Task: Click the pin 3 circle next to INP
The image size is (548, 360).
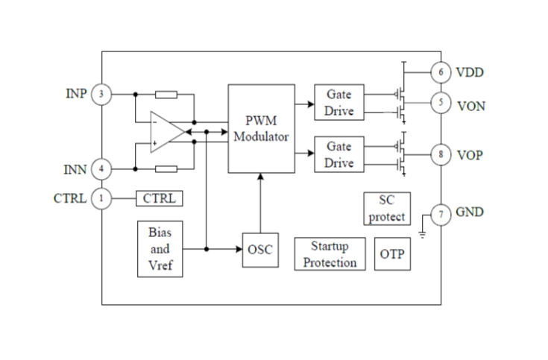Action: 101,95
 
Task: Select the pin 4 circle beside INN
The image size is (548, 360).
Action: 101,169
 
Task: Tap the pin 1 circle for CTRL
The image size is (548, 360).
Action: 101,198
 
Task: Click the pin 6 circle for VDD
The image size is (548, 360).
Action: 441,72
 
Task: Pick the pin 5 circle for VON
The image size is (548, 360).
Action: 441,104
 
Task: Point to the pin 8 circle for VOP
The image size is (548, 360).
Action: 441,154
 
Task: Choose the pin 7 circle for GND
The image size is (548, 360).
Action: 441,215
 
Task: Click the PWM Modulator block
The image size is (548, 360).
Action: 260,129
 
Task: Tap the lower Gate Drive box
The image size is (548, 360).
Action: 338,154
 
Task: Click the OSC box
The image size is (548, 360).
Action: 260,250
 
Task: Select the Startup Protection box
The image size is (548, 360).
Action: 330,254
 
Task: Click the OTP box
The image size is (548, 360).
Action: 391,254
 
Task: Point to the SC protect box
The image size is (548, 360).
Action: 387,209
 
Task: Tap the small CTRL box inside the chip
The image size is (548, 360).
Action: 159,198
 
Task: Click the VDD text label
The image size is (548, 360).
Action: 470,73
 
